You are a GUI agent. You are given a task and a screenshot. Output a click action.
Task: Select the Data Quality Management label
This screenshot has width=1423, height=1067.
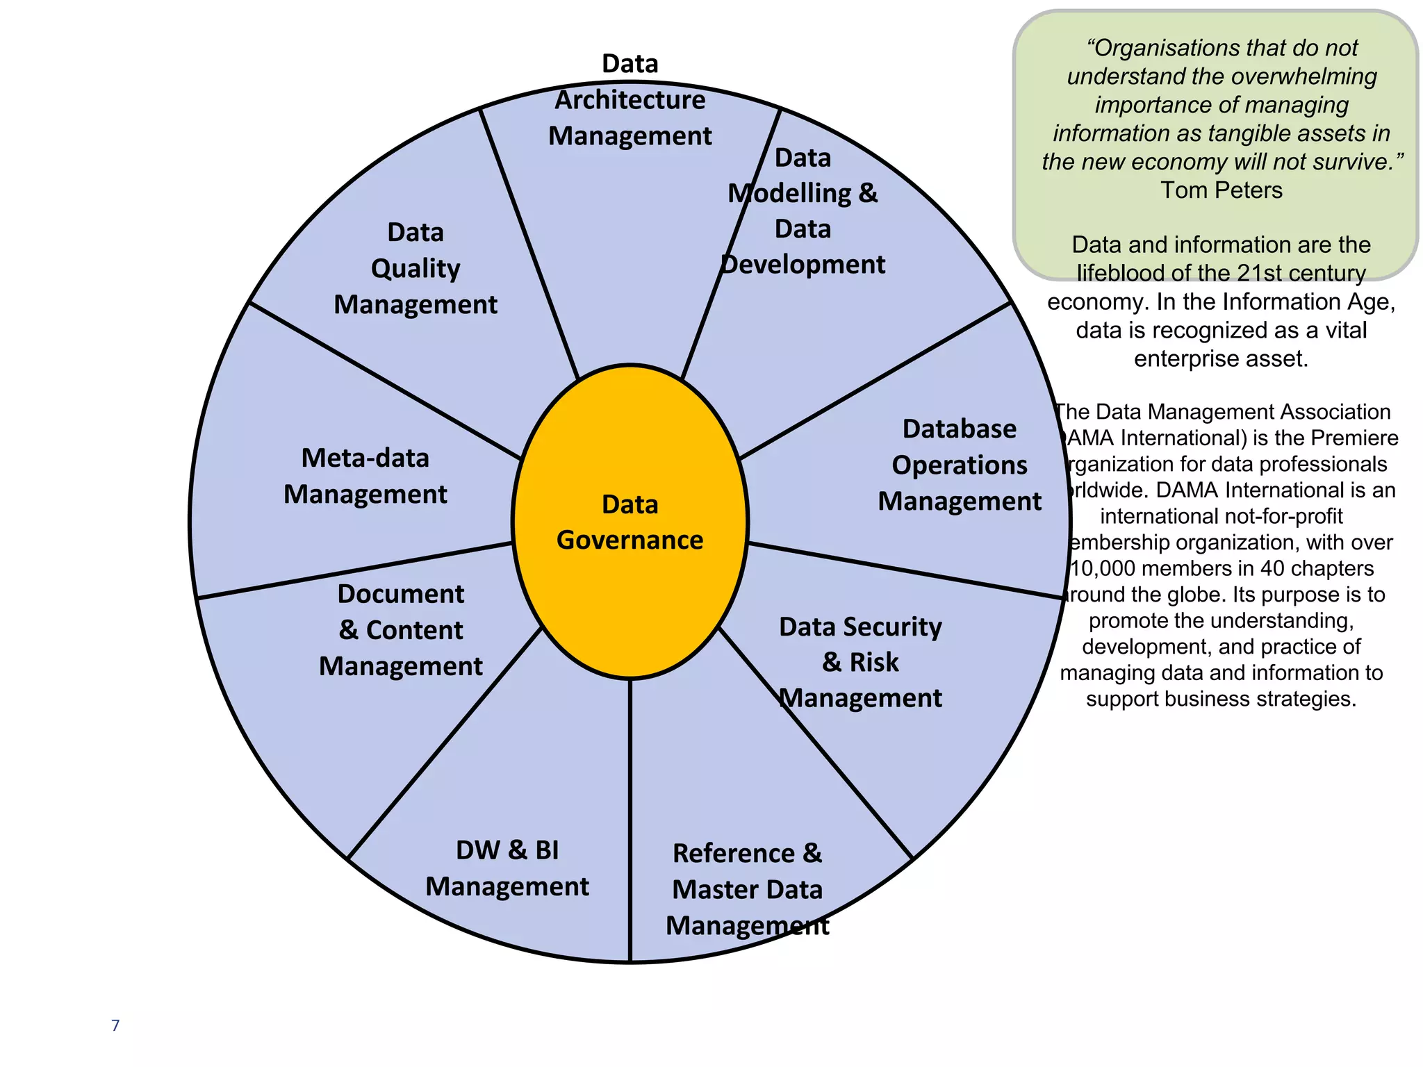click(x=416, y=268)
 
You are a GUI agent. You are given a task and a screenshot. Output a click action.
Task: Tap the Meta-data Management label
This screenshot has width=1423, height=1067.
click(x=365, y=476)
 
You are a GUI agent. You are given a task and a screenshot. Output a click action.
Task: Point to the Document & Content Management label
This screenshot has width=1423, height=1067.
click(x=401, y=630)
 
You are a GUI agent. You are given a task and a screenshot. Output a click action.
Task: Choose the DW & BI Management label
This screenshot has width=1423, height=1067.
click(x=507, y=868)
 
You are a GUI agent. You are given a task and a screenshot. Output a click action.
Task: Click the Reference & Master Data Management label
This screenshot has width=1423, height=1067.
click(x=748, y=889)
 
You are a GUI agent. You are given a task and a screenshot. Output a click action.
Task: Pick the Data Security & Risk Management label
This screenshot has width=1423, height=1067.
click(x=860, y=662)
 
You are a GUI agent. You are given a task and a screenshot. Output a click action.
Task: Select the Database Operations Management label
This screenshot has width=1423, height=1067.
click(x=960, y=465)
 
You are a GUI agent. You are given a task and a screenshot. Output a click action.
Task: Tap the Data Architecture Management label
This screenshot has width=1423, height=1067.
click(x=630, y=99)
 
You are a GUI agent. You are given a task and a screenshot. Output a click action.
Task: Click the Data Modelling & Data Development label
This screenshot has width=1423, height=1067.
click(x=803, y=211)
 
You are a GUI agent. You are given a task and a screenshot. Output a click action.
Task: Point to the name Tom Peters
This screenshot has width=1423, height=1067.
click(x=1222, y=190)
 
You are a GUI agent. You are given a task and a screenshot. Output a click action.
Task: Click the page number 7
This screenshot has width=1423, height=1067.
click(x=115, y=1025)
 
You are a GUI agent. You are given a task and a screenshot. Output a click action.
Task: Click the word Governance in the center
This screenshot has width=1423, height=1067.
click(x=630, y=540)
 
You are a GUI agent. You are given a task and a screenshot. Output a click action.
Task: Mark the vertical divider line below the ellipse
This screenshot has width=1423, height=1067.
click(x=630, y=820)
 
